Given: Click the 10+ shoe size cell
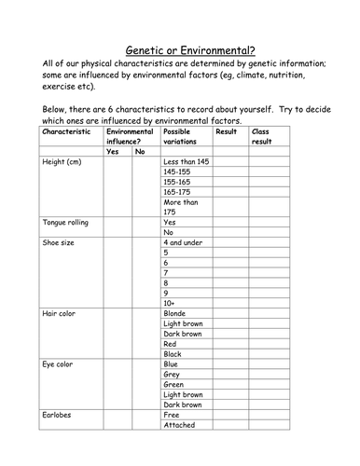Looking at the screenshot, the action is [169, 302].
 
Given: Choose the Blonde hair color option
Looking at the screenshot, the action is [175, 314].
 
